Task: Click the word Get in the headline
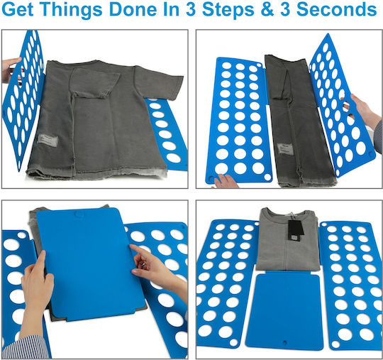[x=17, y=9]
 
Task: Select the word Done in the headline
[x=133, y=9]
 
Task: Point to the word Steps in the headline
[x=228, y=9]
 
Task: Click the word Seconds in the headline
[x=336, y=9]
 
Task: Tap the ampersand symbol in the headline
[x=267, y=9]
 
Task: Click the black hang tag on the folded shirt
[x=296, y=230]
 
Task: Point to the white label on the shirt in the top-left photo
[x=48, y=141]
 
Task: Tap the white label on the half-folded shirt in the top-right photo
[x=285, y=149]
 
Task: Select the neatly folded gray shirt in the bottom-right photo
[x=288, y=239]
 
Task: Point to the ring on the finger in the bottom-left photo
[x=143, y=264]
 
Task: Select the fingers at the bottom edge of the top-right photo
[x=226, y=181]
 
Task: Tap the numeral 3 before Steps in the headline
[x=191, y=9]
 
